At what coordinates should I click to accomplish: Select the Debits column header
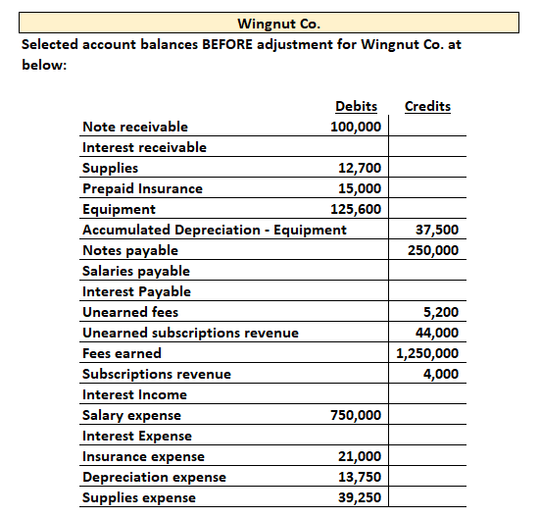pyautogui.click(x=356, y=106)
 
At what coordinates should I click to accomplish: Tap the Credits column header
pyautogui.click(x=427, y=106)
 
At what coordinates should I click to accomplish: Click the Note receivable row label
pyautogui.click(x=135, y=127)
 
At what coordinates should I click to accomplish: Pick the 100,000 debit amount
pyautogui.click(x=357, y=127)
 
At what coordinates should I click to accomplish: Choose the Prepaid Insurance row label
pyautogui.click(x=142, y=188)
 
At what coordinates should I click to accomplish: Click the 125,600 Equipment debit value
pyautogui.click(x=357, y=209)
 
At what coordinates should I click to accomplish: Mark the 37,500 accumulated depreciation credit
pyautogui.click(x=437, y=230)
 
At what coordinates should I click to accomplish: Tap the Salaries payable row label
pyautogui.click(x=136, y=271)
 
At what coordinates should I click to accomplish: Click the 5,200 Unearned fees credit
pyautogui.click(x=441, y=312)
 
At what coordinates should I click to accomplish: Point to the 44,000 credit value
pyautogui.click(x=437, y=333)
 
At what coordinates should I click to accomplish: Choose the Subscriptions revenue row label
pyautogui.click(x=157, y=374)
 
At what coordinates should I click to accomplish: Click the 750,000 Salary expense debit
pyautogui.click(x=357, y=415)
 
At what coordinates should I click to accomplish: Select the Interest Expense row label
pyautogui.click(x=137, y=436)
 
